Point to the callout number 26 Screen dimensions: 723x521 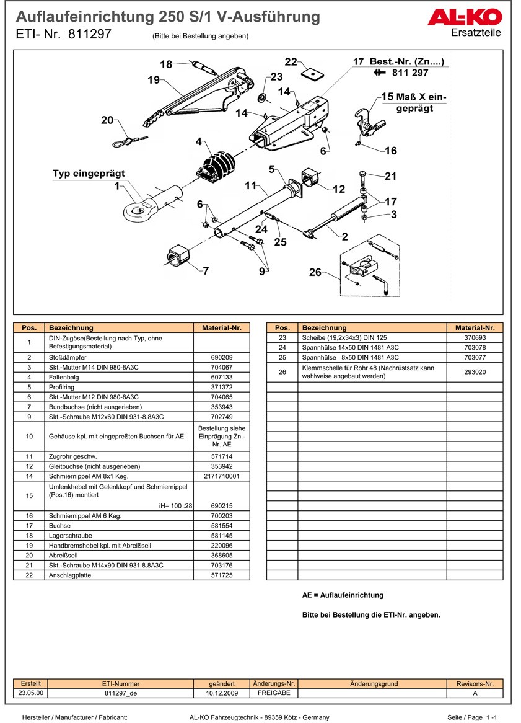pyautogui.click(x=315, y=272)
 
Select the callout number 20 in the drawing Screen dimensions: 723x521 pyautogui.click(x=107, y=120)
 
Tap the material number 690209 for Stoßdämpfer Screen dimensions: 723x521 pyautogui.click(x=222, y=358)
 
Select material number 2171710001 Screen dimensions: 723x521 pyautogui.click(x=222, y=476)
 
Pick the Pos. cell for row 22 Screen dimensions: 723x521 pyautogui.click(x=29, y=575)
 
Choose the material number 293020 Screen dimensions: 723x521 pyautogui.click(x=475, y=372)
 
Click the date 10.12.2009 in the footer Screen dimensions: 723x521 pyautogui.click(x=222, y=693)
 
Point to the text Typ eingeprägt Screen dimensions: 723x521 pyautogui.click(x=89, y=174)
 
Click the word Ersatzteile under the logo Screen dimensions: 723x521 pyautogui.click(x=476, y=32)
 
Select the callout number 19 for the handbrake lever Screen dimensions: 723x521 pyautogui.click(x=154, y=80)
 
